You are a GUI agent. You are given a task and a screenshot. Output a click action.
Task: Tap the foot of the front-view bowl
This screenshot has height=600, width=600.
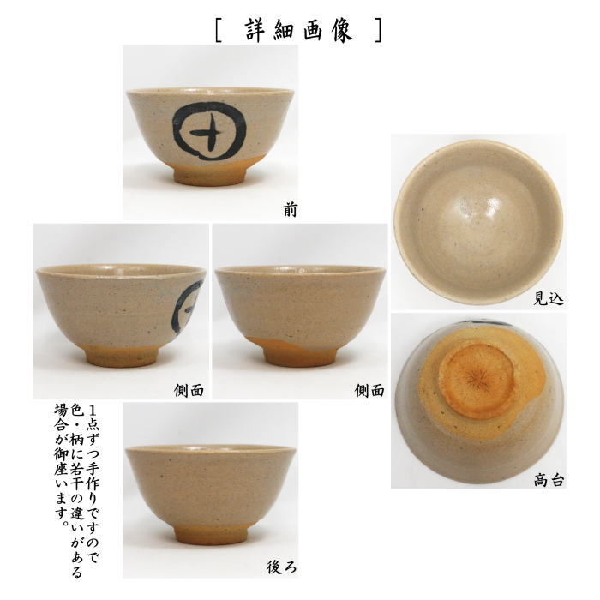click(x=209, y=174)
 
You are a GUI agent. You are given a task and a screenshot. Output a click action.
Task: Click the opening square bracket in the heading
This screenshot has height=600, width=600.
click(x=221, y=28)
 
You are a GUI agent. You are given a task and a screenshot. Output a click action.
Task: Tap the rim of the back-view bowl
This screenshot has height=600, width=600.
click(x=210, y=447)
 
